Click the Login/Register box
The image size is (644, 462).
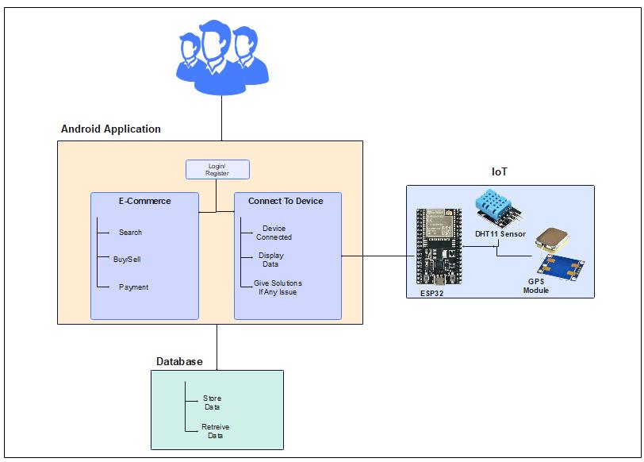pyautogui.click(x=217, y=169)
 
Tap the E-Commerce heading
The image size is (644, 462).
pyautogui.click(x=144, y=201)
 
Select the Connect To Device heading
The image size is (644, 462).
pyautogui.click(x=286, y=201)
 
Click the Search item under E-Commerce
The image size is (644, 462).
pyautogui.click(x=130, y=233)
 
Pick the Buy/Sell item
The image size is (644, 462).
pyautogui.click(x=127, y=260)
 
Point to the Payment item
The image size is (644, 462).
pyautogui.click(x=133, y=287)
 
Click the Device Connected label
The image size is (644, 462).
pyautogui.click(x=274, y=233)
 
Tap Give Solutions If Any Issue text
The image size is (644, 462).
pyautogui.click(x=272, y=287)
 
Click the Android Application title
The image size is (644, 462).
pyautogui.click(x=111, y=129)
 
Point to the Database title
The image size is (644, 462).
pyautogui.click(x=179, y=362)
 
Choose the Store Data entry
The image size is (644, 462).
pyautogui.click(x=212, y=402)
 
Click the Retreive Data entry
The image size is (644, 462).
pyautogui.click(x=215, y=431)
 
